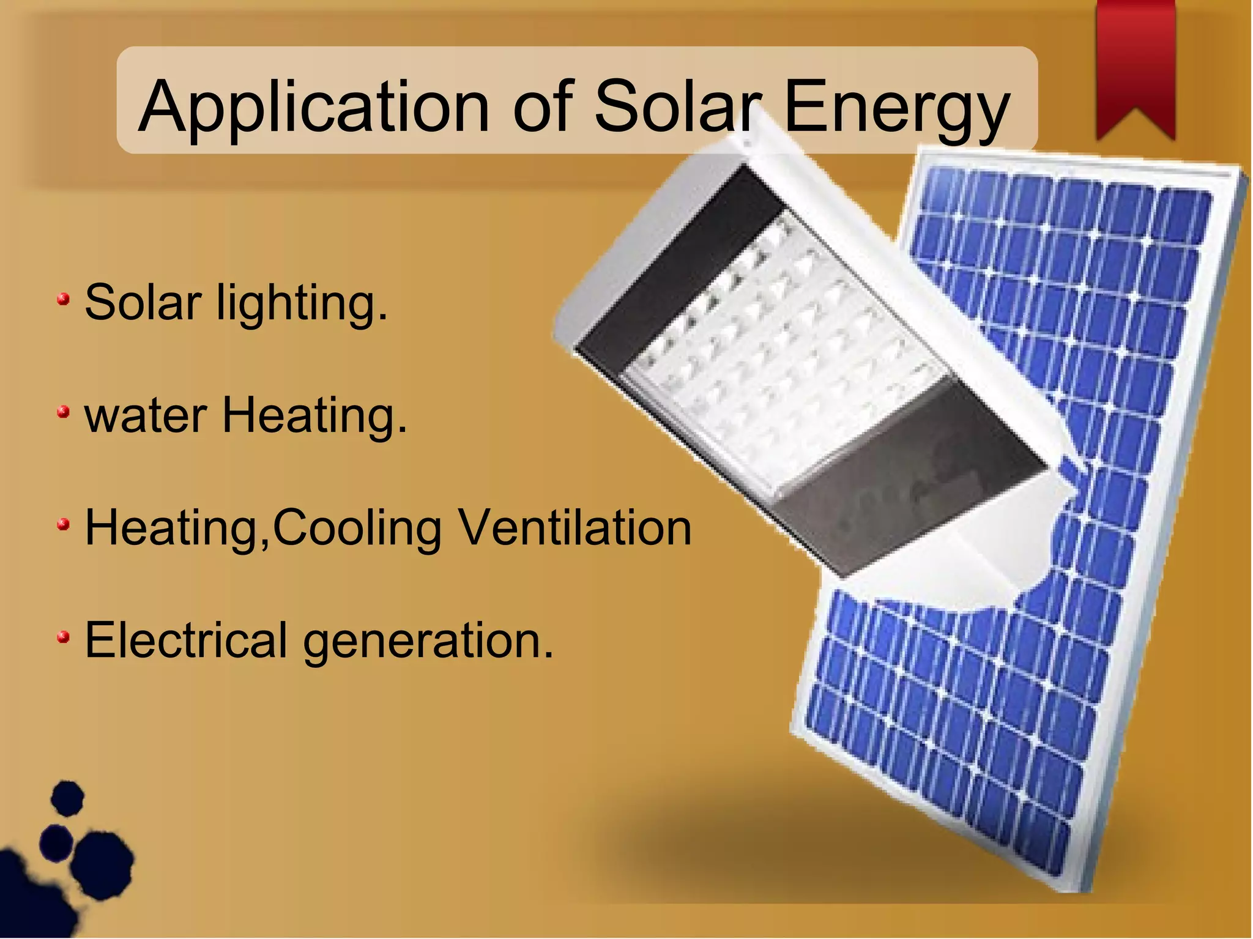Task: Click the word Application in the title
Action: click(x=313, y=107)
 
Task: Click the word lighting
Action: click(x=302, y=303)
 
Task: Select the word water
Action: click(x=146, y=415)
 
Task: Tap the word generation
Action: click(x=428, y=642)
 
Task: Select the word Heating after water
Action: click(x=314, y=416)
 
